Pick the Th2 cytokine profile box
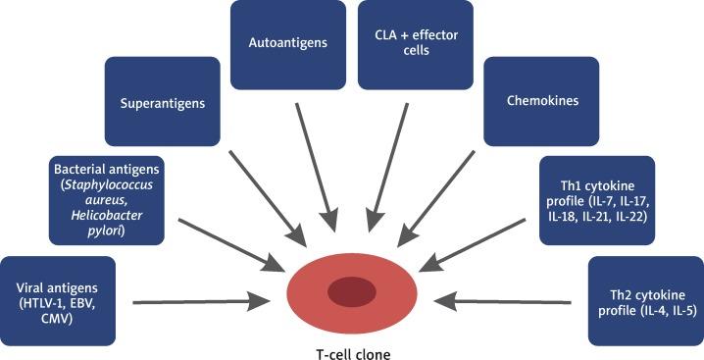point(643,299)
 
